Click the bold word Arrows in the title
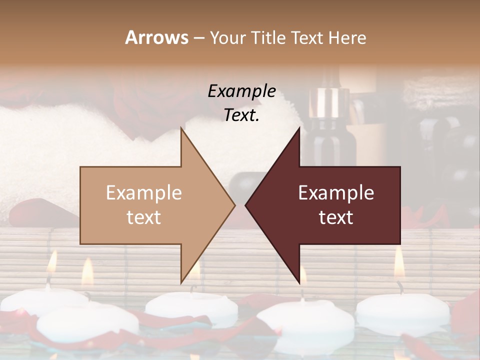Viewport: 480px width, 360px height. click(x=156, y=37)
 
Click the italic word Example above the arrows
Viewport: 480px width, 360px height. click(x=241, y=91)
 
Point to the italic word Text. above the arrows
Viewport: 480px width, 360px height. click(x=241, y=115)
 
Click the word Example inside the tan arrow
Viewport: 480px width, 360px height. click(x=144, y=193)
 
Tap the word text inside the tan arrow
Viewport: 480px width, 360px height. click(x=144, y=217)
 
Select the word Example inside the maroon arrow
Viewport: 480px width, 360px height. click(x=336, y=193)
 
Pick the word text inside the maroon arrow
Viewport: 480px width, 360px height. click(x=336, y=217)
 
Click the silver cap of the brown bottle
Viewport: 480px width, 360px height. click(x=324, y=102)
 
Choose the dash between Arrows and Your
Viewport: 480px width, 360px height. click(x=198, y=38)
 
